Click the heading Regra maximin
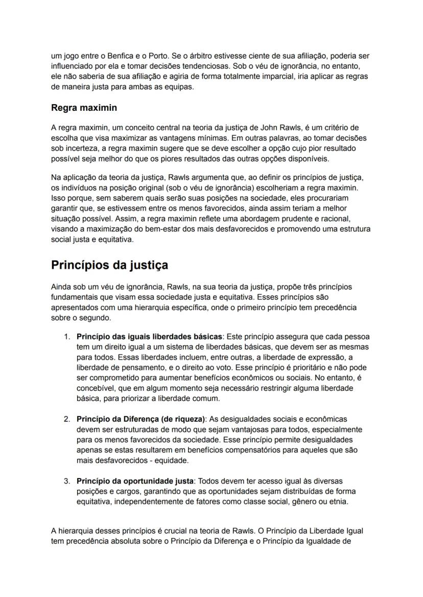click(x=84, y=108)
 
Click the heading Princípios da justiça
click(x=109, y=266)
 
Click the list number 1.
click(x=67, y=337)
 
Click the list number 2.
click(x=67, y=419)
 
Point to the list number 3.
click(x=67, y=481)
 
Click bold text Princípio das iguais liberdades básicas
click(x=149, y=337)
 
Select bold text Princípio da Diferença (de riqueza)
click(x=141, y=419)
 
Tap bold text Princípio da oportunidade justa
click(x=135, y=481)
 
